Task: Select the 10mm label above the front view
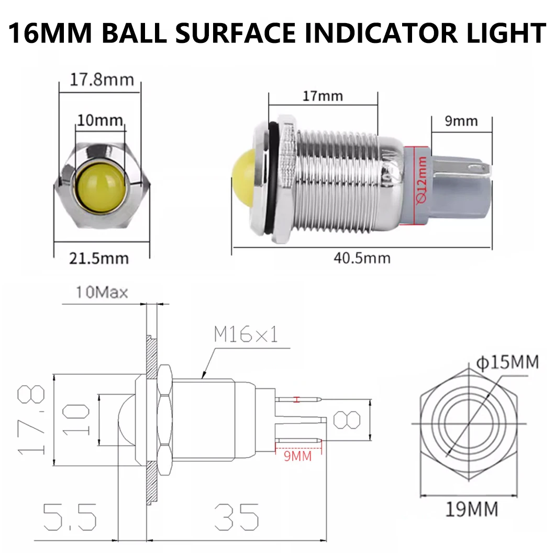pos(99,121)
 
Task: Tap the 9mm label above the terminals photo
pos(461,121)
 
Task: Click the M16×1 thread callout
pos(245,335)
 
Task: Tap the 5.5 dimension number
pos(70,517)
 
